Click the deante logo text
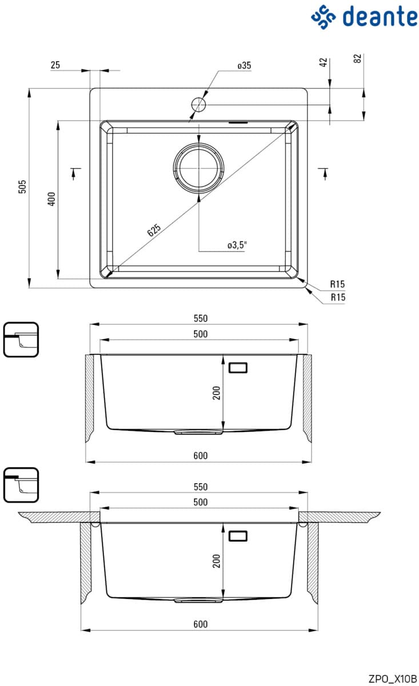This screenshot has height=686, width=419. click(380, 16)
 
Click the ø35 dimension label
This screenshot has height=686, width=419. click(244, 66)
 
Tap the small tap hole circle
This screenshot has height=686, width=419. click(198, 105)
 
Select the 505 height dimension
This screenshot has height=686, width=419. click(23, 187)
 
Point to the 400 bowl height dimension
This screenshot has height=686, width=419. click(52, 199)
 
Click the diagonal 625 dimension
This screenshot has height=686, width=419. click(154, 230)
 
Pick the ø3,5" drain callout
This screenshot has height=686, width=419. click(237, 245)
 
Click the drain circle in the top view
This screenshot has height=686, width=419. click(198, 168)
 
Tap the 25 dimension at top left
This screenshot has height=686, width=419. click(55, 65)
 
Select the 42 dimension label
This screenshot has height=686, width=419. click(324, 62)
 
